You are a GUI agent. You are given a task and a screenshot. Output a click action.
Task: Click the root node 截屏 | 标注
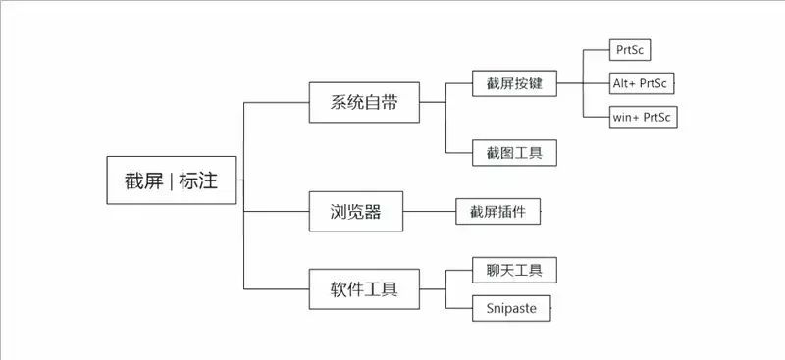pyautogui.click(x=172, y=180)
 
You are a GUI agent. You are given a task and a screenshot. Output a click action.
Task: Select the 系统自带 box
pyautogui.click(x=364, y=102)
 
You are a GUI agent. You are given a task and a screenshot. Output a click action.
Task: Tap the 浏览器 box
pyautogui.click(x=355, y=211)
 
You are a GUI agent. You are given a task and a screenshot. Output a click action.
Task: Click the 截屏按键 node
pyautogui.click(x=513, y=83)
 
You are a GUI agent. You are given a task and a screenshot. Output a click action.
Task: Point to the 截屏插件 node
pyautogui.click(x=497, y=211)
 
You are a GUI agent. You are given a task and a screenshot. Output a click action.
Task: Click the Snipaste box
pyautogui.click(x=511, y=308)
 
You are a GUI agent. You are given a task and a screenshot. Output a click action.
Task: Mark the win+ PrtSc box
pyautogui.click(x=643, y=118)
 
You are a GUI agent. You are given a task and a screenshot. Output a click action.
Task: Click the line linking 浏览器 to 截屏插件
pyautogui.click(x=429, y=211)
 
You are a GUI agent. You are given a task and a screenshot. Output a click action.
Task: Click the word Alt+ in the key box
pyautogui.click(x=624, y=83)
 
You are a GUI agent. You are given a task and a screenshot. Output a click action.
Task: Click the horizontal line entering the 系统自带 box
pyautogui.click(x=276, y=102)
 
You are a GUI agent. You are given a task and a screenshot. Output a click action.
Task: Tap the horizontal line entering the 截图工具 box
pyautogui.click(x=458, y=153)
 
